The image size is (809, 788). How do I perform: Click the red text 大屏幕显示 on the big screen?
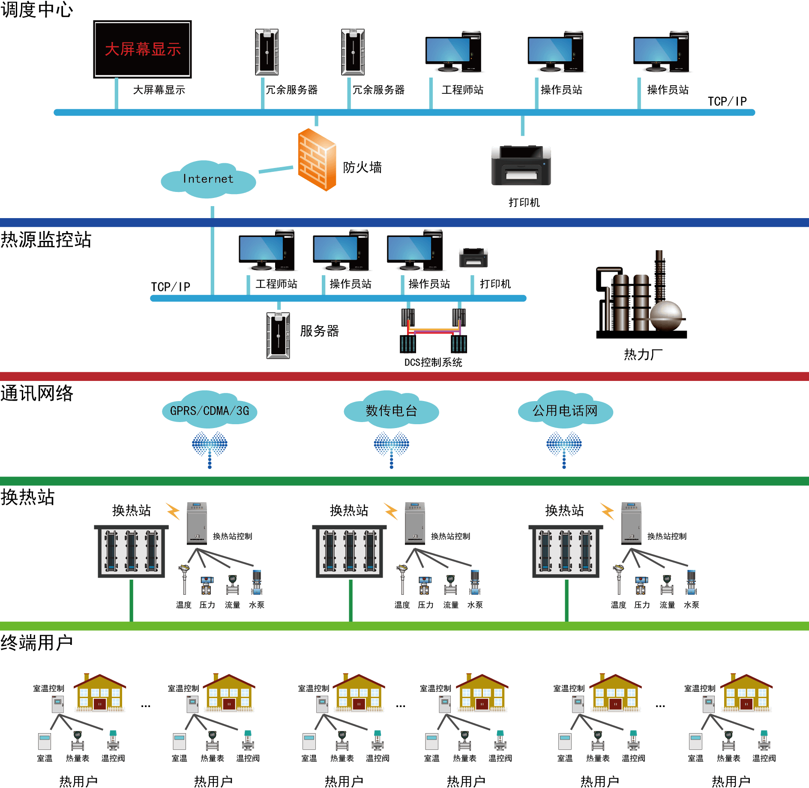[143, 49]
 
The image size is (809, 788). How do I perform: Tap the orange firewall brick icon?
[317, 160]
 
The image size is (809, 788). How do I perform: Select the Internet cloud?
[208, 179]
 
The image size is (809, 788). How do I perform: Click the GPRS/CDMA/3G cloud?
[210, 410]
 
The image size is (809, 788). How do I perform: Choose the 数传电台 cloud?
[391, 410]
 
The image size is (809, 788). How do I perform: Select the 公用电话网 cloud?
[565, 410]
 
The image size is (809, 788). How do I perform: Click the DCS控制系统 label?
[433, 363]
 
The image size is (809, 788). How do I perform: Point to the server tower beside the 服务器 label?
[278, 336]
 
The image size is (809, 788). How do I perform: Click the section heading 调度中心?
[37, 9]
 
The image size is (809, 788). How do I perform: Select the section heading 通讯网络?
[37, 393]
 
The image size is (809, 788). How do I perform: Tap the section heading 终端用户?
[37, 643]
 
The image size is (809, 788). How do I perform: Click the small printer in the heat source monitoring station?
[473, 258]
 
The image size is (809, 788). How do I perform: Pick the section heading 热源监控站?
[46, 240]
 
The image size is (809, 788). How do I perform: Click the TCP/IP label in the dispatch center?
[727, 102]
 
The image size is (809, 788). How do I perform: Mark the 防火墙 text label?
[362, 168]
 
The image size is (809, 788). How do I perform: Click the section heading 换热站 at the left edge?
[28, 497]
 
